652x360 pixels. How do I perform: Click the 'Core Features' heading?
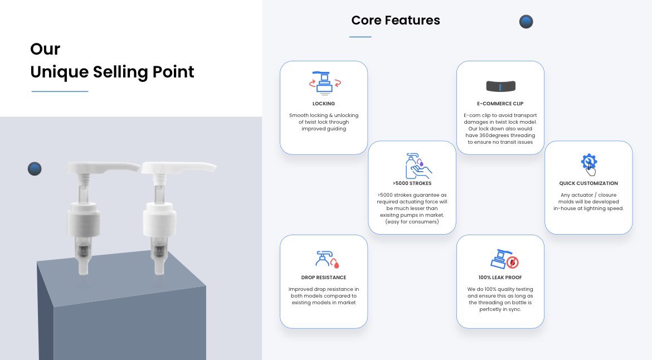(396, 21)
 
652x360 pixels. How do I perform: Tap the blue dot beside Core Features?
(526, 22)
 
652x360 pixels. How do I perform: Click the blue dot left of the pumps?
(35, 169)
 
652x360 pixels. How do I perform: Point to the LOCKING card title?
(324, 104)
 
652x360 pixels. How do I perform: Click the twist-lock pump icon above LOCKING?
(324, 82)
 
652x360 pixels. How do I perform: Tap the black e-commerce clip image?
(500, 86)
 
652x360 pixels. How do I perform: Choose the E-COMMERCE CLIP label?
(500, 104)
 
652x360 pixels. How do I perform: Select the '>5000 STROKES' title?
(412, 183)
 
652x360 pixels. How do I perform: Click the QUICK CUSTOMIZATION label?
(588, 183)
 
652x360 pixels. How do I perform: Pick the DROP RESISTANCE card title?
(324, 278)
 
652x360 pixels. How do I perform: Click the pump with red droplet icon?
(327, 259)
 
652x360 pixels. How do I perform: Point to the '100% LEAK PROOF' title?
(500, 278)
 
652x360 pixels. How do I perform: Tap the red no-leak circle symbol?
(513, 262)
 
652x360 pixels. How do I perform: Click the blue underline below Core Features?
(360, 37)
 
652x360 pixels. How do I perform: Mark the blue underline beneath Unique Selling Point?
(60, 91)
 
